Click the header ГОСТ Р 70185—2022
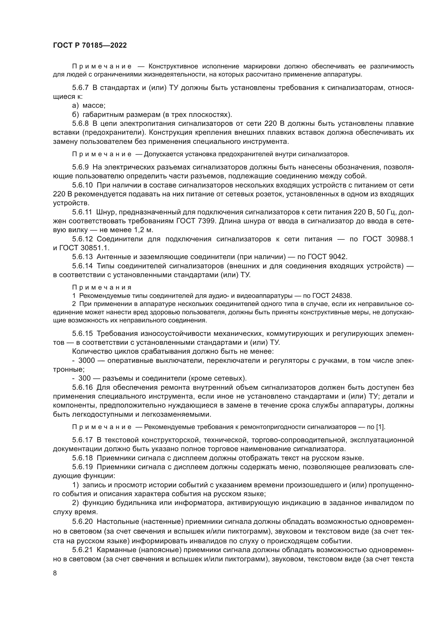pyautogui.click(x=90, y=46)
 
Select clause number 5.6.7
pyautogui.click(x=80, y=88)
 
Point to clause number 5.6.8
pyautogui.click(x=80, y=123)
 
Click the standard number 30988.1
pyautogui.click(x=400, y=239)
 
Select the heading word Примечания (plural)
pyautogui.click(x=102, y=288)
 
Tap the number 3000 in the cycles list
pyautogui.click(x=87, y=360)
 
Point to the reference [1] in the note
pyautogui.click(x=380, y=427)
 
